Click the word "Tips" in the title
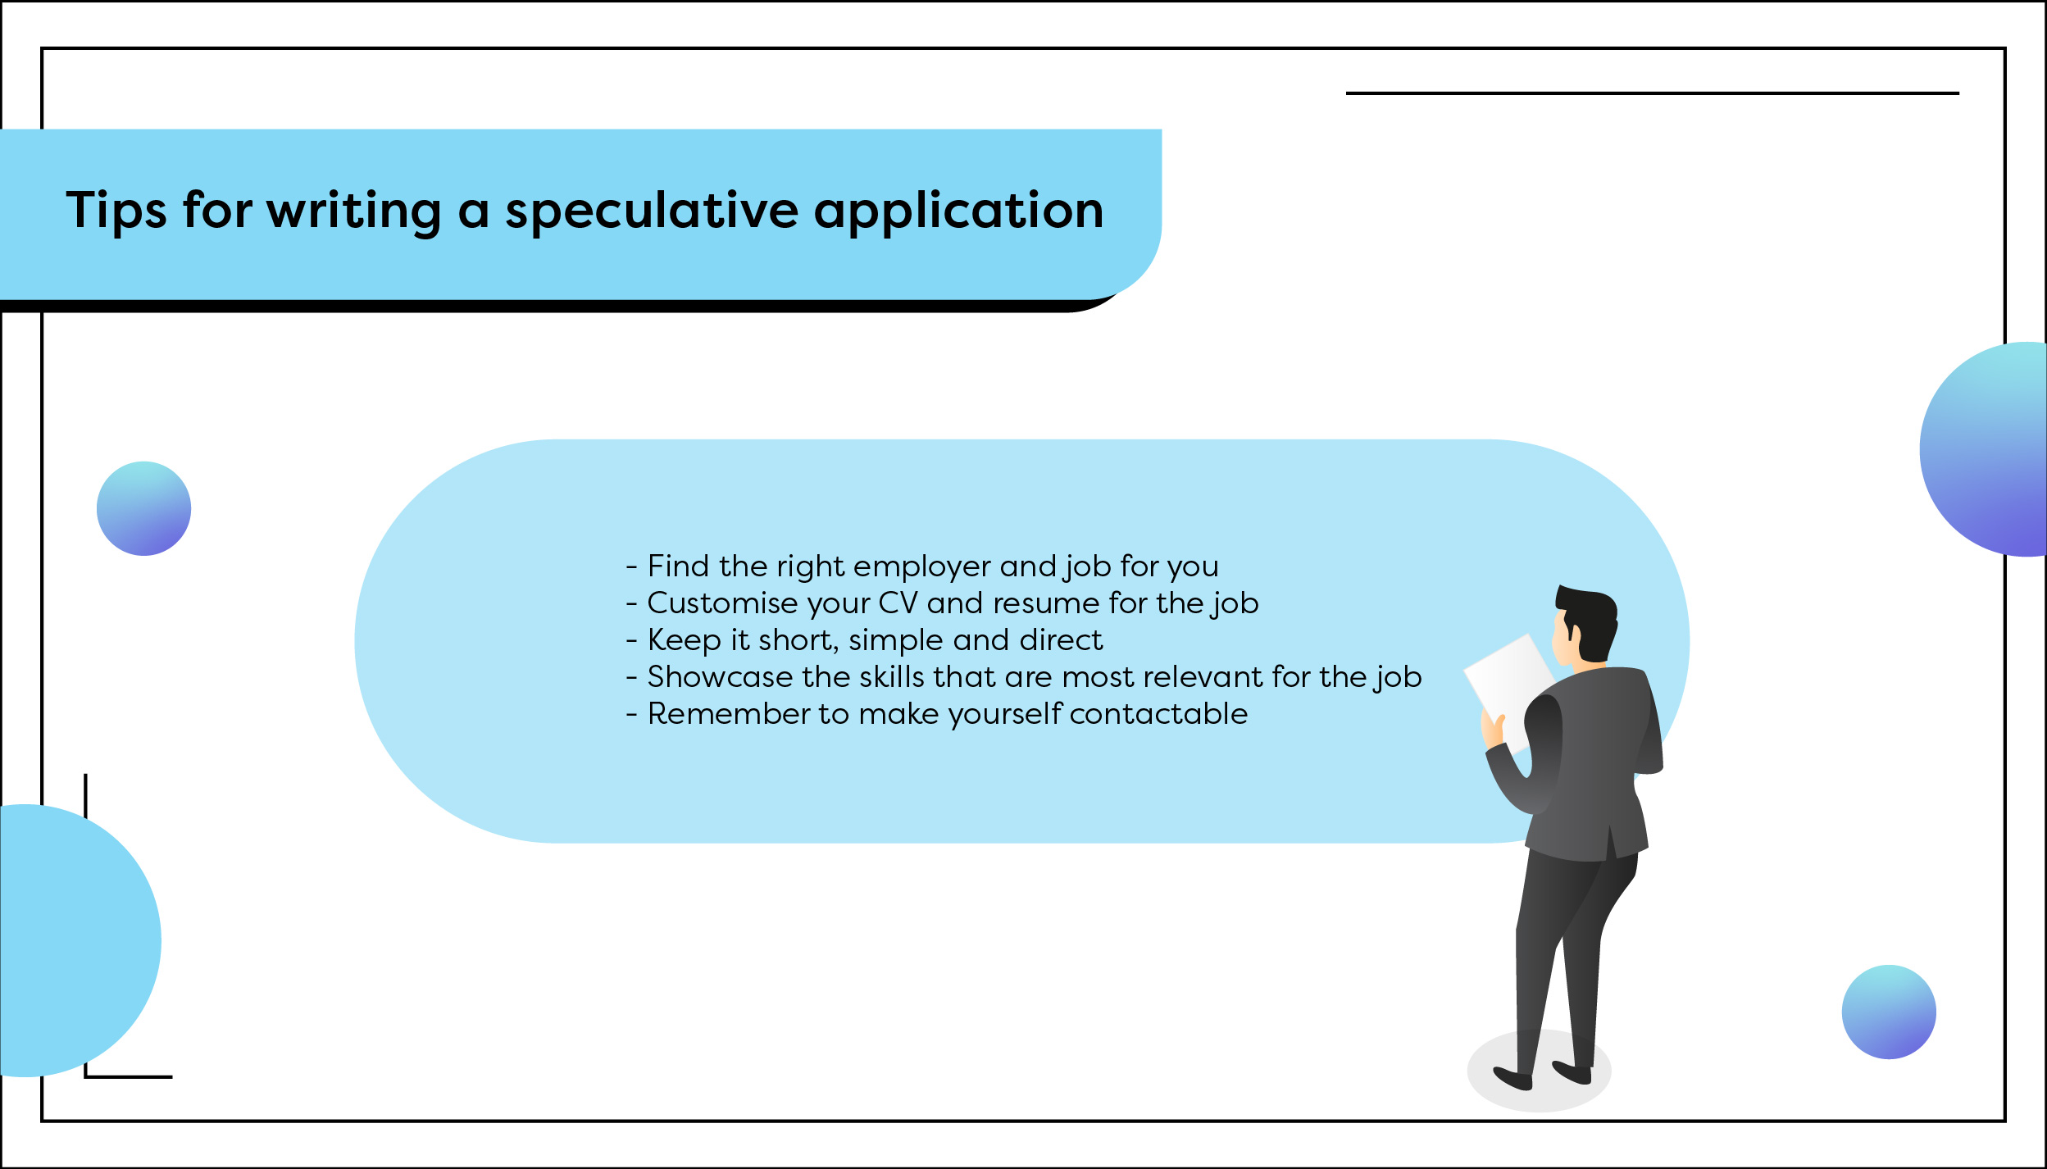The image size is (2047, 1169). click(116, 212)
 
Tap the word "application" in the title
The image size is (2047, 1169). click(958, 212)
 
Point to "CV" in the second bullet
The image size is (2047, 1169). click(898, 604)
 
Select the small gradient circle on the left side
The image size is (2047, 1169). click(144, 509)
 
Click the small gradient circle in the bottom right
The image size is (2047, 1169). click(1889, 1012)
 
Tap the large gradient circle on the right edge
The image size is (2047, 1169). click(1992, 450)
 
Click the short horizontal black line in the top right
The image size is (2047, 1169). click(1652, 93)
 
